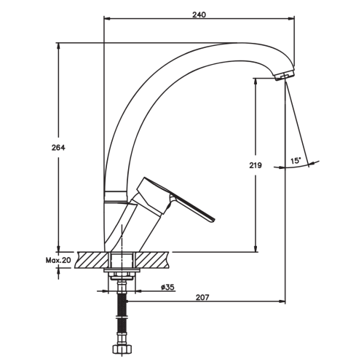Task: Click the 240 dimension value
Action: tap(199, 15)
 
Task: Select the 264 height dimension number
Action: tap(58, 148)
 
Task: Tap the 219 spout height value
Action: tap(256, 165)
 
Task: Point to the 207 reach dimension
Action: tap(202, 297)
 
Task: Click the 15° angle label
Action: tap(296, 161)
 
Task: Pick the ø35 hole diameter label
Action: tap(167, 287)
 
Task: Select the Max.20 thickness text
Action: tap(58, 261)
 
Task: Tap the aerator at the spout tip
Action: tap(284, 76)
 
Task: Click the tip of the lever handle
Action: tap(213, 221)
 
